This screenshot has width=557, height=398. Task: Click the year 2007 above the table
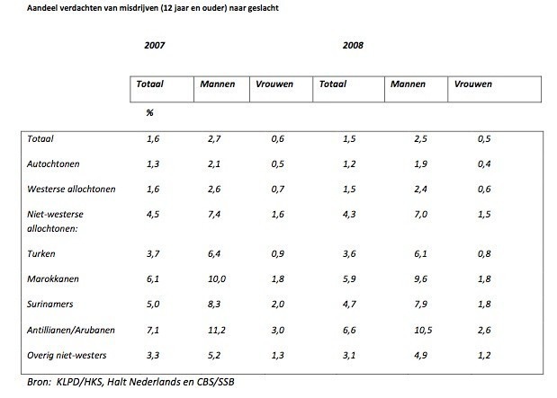pos(155,44)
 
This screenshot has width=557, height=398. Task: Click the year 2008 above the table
pos(353,44)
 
